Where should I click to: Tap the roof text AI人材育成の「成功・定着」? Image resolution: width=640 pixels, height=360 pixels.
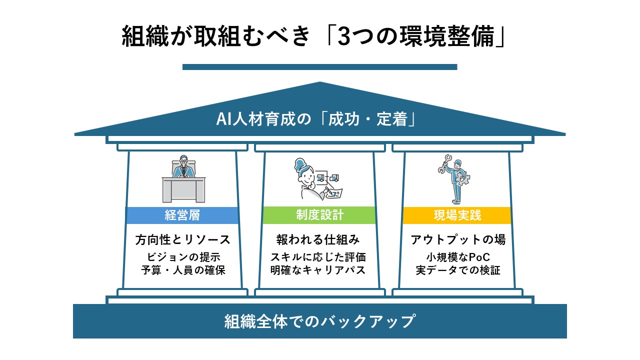coord(317,119)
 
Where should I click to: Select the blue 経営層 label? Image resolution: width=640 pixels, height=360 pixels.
coord(182,215)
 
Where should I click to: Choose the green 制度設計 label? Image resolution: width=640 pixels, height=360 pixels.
coord(319,215)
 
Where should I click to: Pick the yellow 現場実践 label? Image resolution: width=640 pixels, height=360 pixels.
coord(457,215)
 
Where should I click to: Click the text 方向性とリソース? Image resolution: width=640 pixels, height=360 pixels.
coord(183,240)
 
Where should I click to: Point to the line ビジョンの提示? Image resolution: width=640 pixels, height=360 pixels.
coord(183,257)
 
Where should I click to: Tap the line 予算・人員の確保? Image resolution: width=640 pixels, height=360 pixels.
coord(183,270)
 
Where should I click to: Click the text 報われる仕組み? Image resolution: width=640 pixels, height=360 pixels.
coord(318,240)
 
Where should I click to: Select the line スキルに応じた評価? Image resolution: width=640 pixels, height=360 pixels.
coord(318,257)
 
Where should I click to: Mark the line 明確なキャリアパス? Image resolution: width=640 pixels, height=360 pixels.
coord(318,270)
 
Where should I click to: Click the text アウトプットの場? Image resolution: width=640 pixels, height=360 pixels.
coord(458,240)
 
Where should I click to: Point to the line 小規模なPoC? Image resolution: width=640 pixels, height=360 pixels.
coord(458,257)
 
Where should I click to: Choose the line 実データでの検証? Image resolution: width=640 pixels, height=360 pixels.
coord(458,270)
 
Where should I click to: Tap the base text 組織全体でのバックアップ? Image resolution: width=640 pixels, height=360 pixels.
coord(320,321)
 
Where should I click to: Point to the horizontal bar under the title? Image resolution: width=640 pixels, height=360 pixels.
coord(319,67)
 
